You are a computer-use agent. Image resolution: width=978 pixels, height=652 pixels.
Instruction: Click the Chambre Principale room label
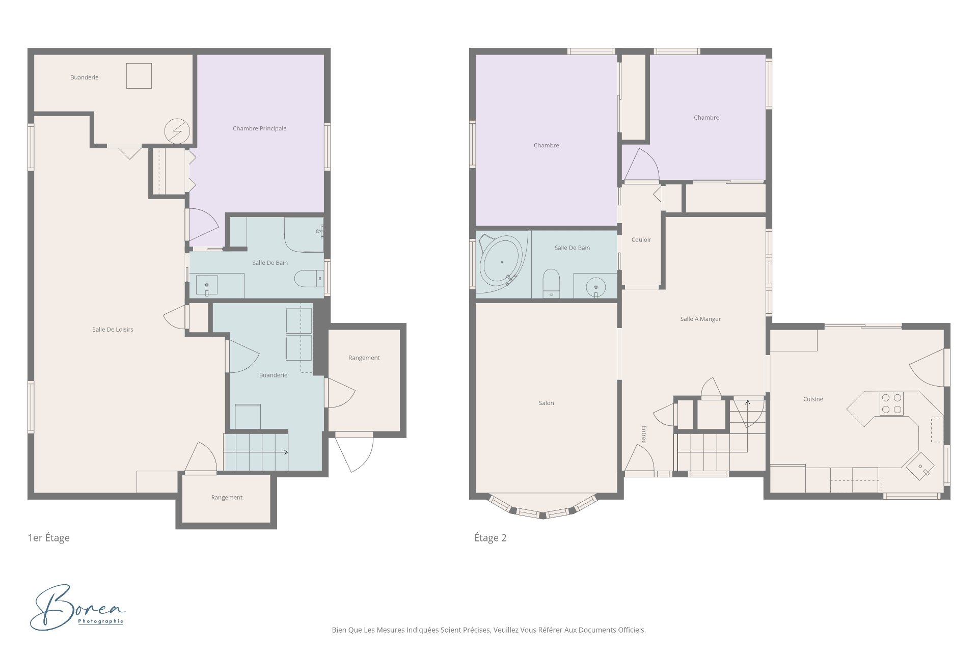click(x=259, y=128)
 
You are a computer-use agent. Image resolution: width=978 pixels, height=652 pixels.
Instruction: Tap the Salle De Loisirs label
click(x=113, y=330)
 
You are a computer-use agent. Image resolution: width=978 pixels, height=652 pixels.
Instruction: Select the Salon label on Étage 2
click(x=546, y=403)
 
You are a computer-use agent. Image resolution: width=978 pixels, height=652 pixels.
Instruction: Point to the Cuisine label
click(x=813, y=399)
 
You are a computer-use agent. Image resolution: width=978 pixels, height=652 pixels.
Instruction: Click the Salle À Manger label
click(x=700, y=319)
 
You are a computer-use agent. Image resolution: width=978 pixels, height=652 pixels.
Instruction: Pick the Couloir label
click(x=641, y=240)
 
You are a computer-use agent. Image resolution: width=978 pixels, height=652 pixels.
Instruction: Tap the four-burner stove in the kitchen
click(x=891, y=403)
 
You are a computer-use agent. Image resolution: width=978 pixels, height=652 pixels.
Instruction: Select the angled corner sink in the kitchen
click(x=920, y=467)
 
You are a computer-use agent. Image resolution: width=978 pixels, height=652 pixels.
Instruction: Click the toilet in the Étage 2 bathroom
click(x=551, y=283)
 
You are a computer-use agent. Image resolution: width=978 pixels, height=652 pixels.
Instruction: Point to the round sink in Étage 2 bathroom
click(x=595, y=287)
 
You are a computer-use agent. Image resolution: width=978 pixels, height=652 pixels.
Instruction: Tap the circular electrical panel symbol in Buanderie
click(x=177, y=131)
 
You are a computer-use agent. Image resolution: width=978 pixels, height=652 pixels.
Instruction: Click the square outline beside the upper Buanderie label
click(x=139, y=76)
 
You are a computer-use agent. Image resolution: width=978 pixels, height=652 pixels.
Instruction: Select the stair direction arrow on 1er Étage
click(x=256, y=452)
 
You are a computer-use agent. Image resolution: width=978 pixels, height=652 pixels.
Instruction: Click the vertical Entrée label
click(x=644, y=434)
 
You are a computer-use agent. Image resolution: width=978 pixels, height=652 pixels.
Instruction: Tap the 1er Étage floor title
click(x=49, y=538)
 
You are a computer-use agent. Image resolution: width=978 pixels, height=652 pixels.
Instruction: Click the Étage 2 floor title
click(x=490, y=538)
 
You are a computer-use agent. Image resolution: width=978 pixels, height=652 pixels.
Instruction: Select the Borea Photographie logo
click(x=77, y=607)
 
